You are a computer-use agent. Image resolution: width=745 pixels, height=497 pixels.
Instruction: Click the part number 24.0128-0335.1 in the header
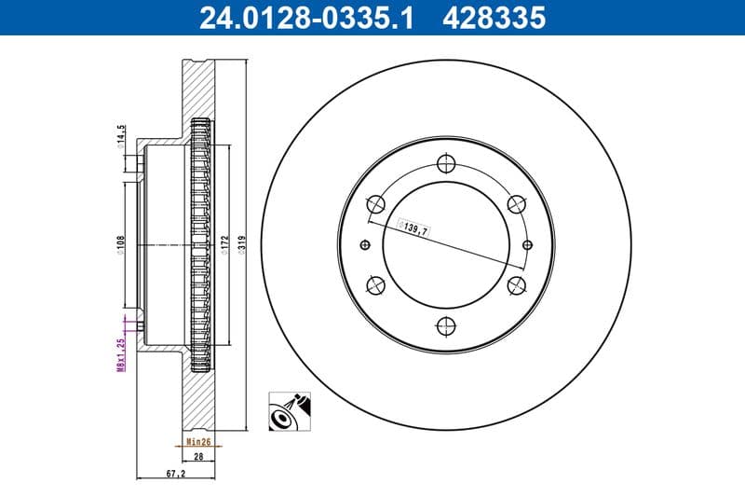302,17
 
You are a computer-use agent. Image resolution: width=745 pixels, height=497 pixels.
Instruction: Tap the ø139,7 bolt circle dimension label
413,227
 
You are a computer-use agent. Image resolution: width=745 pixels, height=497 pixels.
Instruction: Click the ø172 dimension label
223,244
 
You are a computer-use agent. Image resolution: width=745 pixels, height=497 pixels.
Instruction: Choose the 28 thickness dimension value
198,457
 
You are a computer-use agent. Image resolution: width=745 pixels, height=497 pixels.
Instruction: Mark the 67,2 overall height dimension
175,474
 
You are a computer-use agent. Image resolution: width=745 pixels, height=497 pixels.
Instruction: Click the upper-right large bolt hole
515,203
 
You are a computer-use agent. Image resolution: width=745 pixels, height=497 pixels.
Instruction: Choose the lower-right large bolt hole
515,285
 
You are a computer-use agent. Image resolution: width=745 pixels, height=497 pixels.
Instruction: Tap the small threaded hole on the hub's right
527,244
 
